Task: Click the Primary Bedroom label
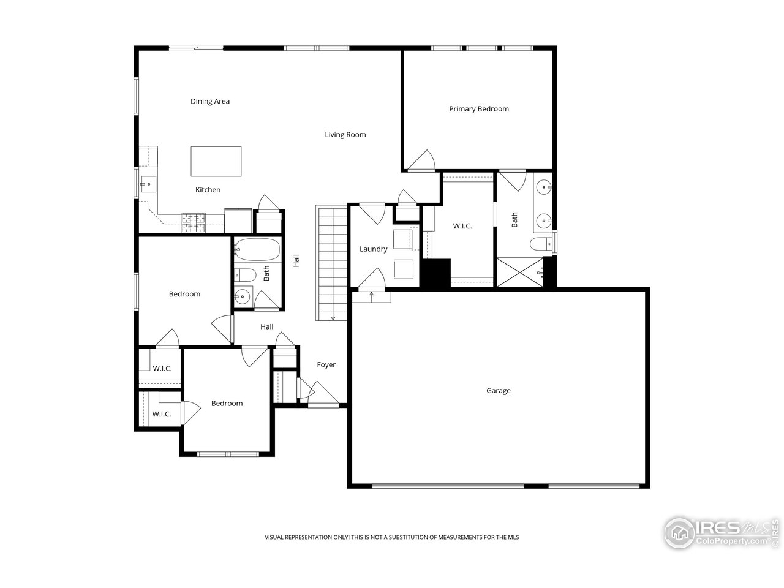tap(478, 109)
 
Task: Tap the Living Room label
tap(345, 135)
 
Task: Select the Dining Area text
tap(209, 102)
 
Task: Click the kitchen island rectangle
tap(216, 161)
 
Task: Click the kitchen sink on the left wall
tap(148, 183)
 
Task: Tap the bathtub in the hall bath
tap(257, 250)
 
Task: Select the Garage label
tap(498, 391)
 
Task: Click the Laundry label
tap(373, 249)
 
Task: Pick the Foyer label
tap(326, 365)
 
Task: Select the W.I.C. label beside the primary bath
tap(462, 227)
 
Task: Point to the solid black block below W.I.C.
tap(435, 273)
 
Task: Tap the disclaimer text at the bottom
tap(391, 537)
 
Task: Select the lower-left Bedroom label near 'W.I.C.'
tap(227, 404)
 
